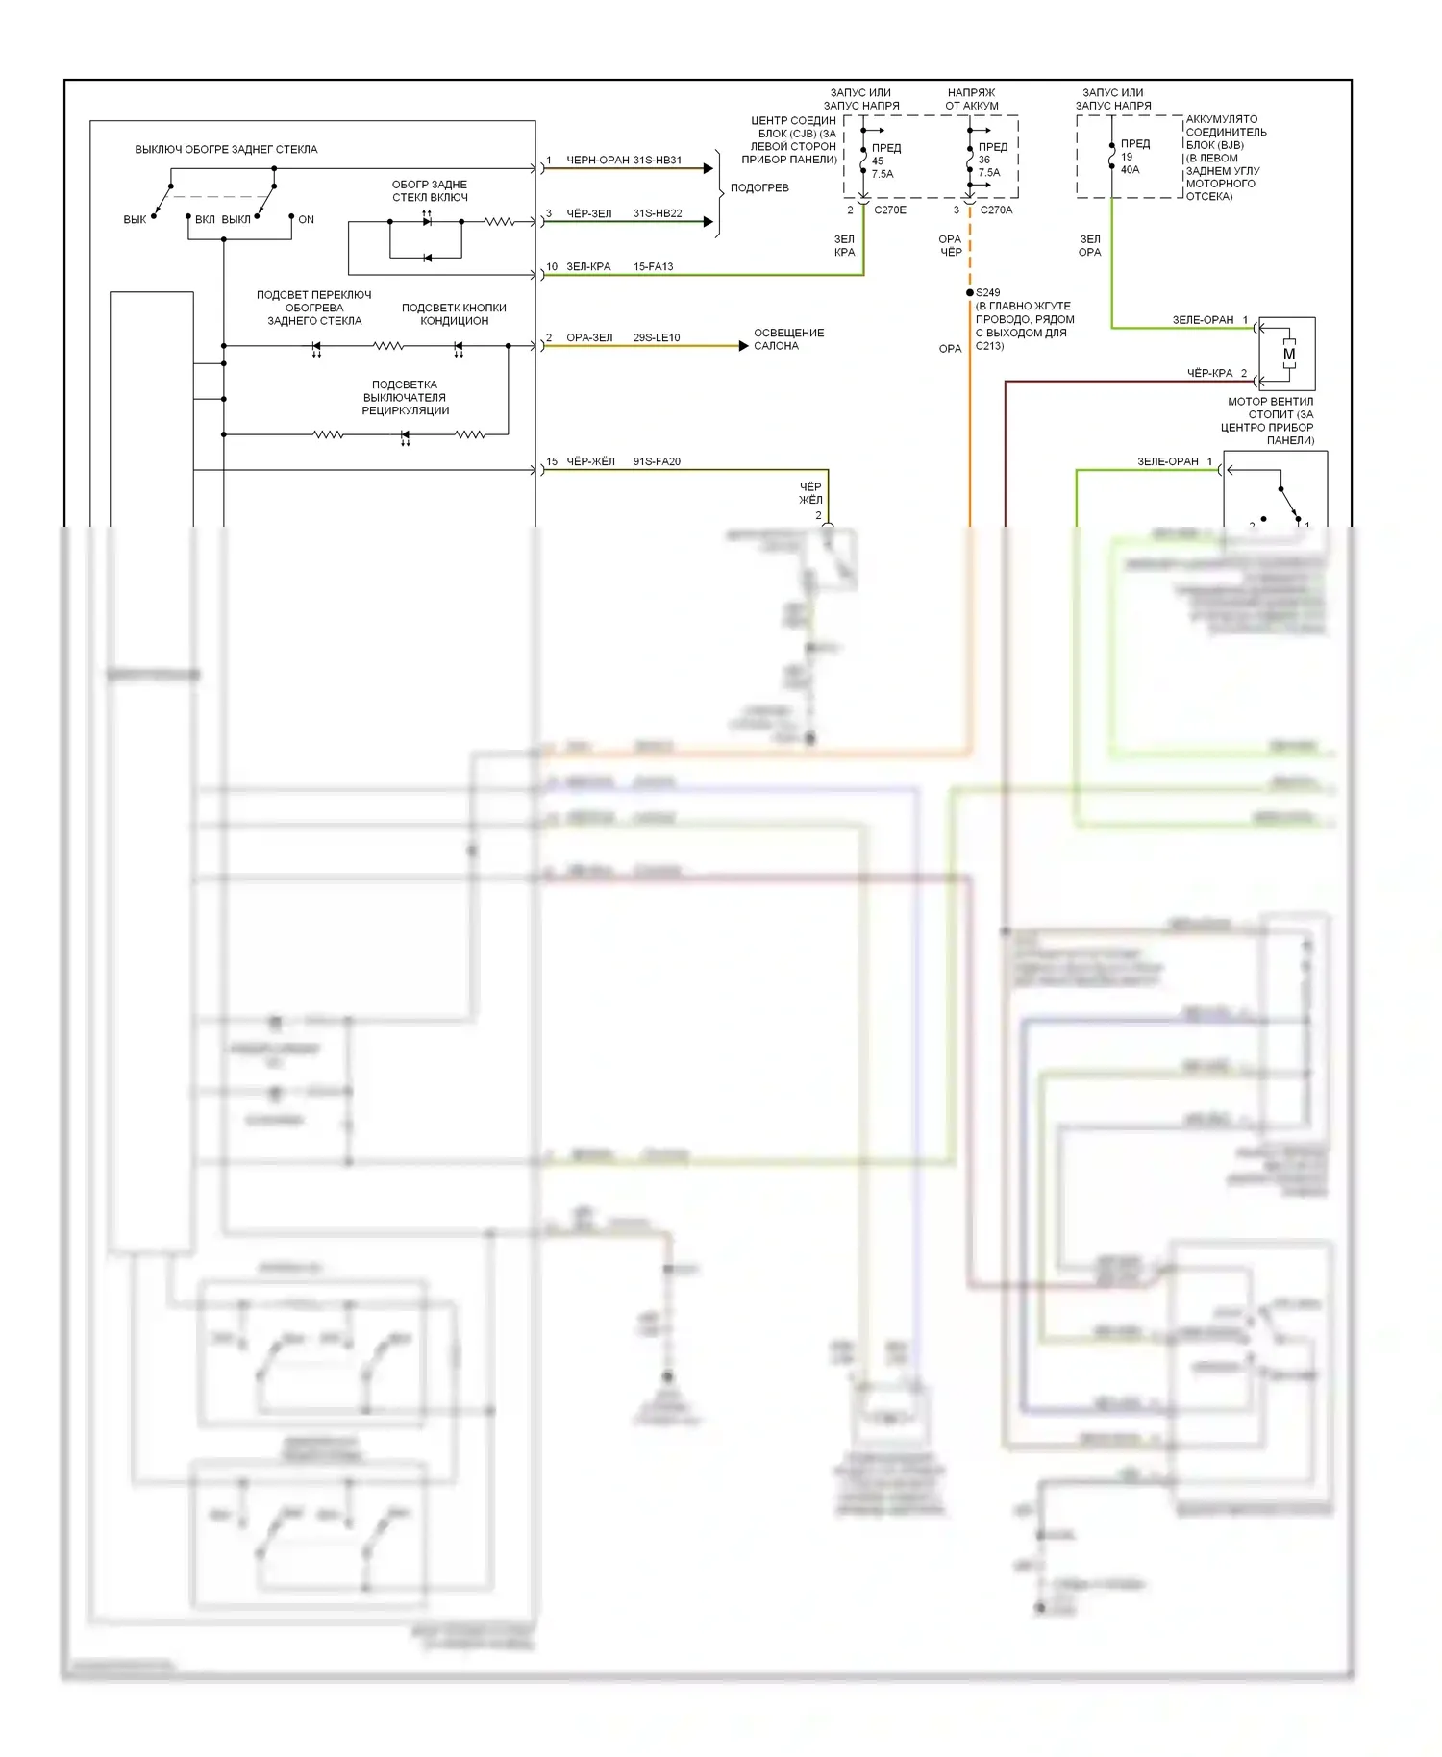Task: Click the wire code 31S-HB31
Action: click(658, 161)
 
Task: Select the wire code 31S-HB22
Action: click(658, 213)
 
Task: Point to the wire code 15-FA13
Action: click(654, 266)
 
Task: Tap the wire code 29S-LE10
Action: click(657, 337)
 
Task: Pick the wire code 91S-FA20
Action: click(657, 461)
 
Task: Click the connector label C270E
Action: click(890, 210)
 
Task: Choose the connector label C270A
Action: click(996, 210)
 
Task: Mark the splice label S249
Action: click(988, 292)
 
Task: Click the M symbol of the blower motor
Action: click(1289, 354)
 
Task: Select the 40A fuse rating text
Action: click(1130, 169)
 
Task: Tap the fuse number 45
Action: click(878, 161)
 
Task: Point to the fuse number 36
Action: click(984, 160)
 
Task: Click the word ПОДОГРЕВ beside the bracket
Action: click(759, 187)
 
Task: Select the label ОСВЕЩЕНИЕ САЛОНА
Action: click(788, 339)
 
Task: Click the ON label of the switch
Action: click(307, 219)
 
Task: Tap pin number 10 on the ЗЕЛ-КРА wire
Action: click(552, 266)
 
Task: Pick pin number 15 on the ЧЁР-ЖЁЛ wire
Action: click(552, 461)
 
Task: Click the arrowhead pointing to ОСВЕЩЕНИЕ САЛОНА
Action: click(743, 346)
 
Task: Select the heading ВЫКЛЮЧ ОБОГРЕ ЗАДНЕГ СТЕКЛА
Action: click(226, 149)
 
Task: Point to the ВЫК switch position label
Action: click(135, 219)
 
